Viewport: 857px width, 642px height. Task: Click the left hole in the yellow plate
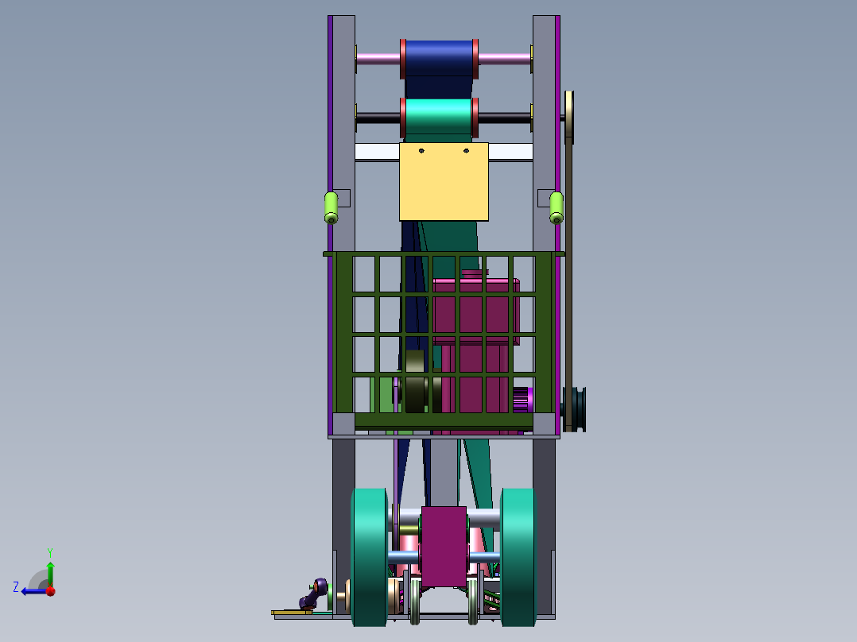422,150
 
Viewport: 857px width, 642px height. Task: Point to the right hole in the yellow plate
467,149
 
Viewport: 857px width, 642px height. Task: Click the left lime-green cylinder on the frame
332,207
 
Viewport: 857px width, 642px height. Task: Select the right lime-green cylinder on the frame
556,207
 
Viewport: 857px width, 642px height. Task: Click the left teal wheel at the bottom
369,556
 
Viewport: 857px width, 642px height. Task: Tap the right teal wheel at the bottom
518,556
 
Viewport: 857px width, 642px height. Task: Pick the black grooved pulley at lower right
576,408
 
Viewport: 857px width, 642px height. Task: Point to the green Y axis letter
49,551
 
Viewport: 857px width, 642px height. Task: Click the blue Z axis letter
16,587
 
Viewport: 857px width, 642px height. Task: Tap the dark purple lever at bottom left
313,594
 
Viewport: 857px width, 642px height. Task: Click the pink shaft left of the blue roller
378,57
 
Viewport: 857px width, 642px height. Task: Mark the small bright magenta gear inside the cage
522,399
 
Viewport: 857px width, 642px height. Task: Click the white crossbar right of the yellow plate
510,151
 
